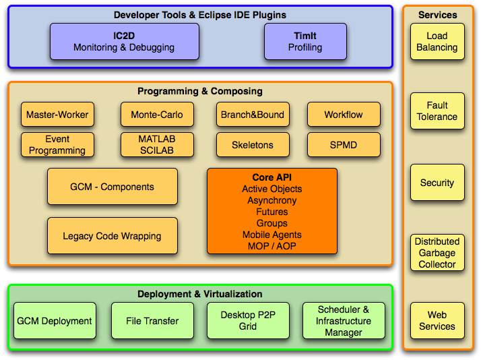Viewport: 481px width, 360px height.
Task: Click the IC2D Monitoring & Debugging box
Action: pyautogui.click(x=124, y=41)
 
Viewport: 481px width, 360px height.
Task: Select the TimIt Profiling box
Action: pyautogui.click(x=304, y=41)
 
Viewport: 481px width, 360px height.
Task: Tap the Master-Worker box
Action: pyautogui.click(x=57, y=115)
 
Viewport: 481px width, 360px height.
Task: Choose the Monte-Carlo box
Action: pyautogui.click(x=157, y=115)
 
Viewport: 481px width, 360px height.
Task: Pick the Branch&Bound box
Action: pyautogui.click(x=253, y=115)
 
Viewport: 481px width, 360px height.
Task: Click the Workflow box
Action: pyautogui.click(x=344, y=115)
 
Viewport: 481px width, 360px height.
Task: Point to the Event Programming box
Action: pyautogui.click(x=57, y=144)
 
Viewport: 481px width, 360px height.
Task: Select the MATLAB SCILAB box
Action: pyautogui.click(x=157, y=144)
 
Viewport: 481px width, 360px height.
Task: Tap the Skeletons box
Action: pyautogui.click(x=253, y=144)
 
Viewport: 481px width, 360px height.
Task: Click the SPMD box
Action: pyautogui.click(x=344, y=144)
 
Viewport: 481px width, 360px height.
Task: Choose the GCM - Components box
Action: pyautogui.click(x=112, y=187)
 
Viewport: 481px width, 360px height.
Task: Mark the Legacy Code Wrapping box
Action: pyautogui.click(x=112, y=236)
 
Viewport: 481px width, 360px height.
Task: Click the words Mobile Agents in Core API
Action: pyautogui.click(x=271, y=235)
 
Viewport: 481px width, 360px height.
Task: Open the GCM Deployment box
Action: pyautogui.click(x=55, y=321)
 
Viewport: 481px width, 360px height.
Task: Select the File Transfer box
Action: pyautogui.click(x=152, y=321)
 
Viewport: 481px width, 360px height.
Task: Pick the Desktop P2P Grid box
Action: pyautogui.click(x=247, y=321)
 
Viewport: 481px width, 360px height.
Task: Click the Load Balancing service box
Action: pyautogui.click(x=437, y=42)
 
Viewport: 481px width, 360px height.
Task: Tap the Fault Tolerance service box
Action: pyautogui.click(x=437, y=111)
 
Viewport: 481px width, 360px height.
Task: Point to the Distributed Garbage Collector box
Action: pyautogui.click(x=437, y=253)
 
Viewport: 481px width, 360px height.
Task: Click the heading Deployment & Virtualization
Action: pyautogui.click(x=200, y=294)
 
